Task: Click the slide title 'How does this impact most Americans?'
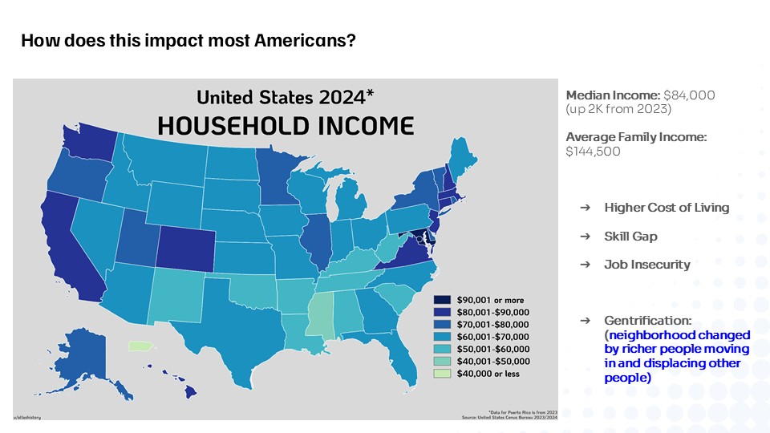click(188, 41)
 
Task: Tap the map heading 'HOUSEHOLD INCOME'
click(286, 126)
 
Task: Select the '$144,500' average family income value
click(593, 151)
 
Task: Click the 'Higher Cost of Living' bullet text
click(667, 207)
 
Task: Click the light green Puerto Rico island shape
click(140, 346)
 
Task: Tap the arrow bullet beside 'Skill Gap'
click(585, 237)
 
